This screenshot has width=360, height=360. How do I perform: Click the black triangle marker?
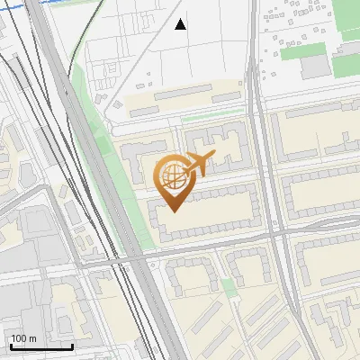tap(181, 24)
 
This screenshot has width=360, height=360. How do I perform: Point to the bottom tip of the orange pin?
tap(172, 211)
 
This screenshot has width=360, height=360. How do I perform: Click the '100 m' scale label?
tap(22, 338)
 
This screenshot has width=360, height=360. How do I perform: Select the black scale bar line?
tap(40, 346)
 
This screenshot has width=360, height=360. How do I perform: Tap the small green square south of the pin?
tap(229, 287)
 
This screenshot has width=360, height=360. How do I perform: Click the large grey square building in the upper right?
tap(315, 67)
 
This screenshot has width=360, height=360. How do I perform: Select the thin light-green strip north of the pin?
tap(211, 115)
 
